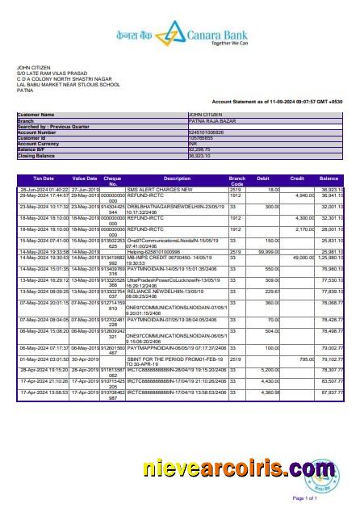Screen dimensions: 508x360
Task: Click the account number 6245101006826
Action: (207, 132)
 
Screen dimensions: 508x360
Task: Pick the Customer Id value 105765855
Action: (202, 137)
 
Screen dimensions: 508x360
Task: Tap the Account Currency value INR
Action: (193, 143)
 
